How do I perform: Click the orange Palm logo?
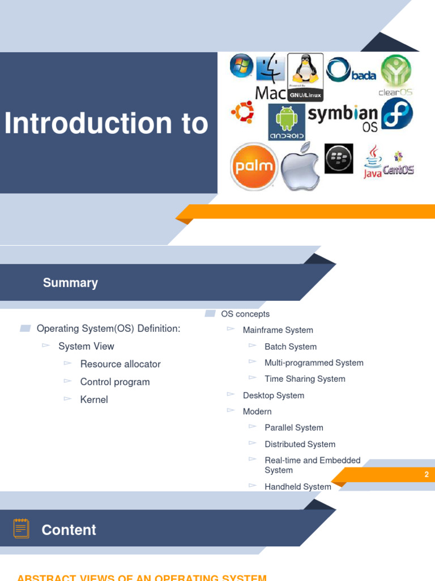[x=254, y=166]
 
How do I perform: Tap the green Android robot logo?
[x=287, y=120]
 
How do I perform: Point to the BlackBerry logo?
[x=339, y=158]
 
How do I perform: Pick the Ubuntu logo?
[x=242, y=112]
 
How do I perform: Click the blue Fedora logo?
[x=397, y=113]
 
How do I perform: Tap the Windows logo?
[x=241, y=66]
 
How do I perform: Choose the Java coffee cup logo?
[x=373, y=161]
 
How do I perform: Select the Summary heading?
[x=70, y=283]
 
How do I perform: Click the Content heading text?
[x=69, y=530]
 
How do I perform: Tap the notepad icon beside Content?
[x=22, y=528]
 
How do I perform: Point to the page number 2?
[x=427, y=475]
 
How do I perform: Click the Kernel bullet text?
[x=94, y=399]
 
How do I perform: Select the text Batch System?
[x=291, y=347]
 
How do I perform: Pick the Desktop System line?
[x=274, y=395]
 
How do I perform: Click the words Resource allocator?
[x=121, y=364]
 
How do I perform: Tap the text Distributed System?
[x=300, y=444]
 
